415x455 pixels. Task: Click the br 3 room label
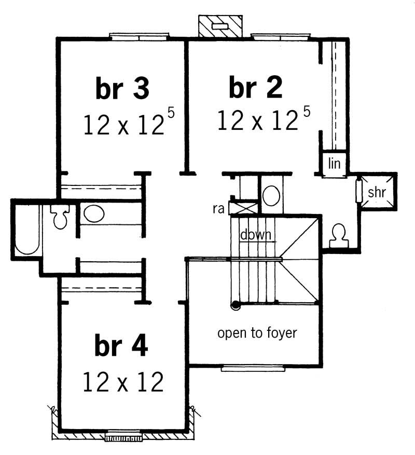pos(122,89)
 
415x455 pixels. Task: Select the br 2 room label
pos(255,89)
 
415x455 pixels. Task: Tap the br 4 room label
pos(121,346)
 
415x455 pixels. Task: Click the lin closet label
pos(334,164)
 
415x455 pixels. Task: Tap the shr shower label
pos(377,192)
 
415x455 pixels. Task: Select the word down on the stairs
pos(256,235)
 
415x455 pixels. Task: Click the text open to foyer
pos(257,333)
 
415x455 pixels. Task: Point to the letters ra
pos(218,209)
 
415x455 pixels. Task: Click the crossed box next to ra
pos(244,208)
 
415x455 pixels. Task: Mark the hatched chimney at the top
pos(220,25)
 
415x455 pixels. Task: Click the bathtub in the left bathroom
pos(27,230)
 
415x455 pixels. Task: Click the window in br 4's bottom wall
pos(122,436)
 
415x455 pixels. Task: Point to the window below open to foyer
pos(253,369)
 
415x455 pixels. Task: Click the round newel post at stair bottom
pos(236,305)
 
